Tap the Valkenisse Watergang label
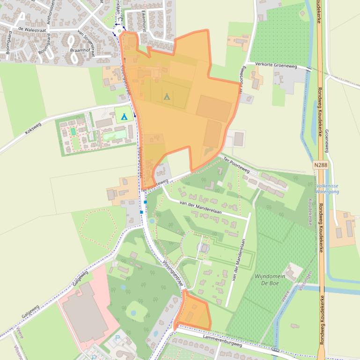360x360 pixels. pyautogui.click(x=327, y=188)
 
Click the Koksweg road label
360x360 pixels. pyautogui.click(x=33, y=129)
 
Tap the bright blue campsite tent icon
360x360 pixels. pyautogui.click(x=124, y=116)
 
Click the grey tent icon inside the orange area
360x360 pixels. pyautogui.click(x=166, y=97)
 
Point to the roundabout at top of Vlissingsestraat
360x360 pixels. pyautogui.click(x=120, y=31)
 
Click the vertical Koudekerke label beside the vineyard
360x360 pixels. pyautogui.click(x=310, y=211)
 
